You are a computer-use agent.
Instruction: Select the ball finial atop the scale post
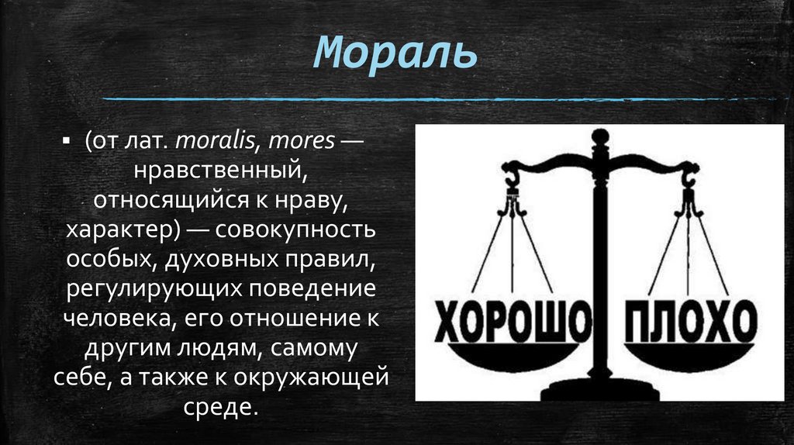599,137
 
